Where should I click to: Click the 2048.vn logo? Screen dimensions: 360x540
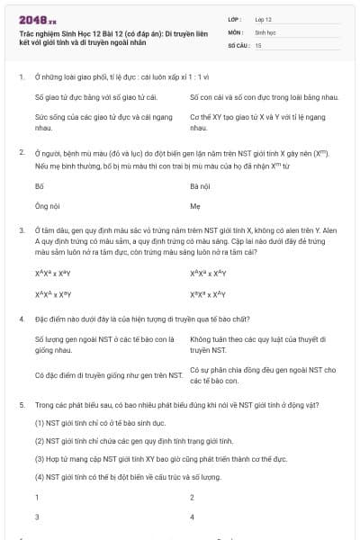coord(39,18)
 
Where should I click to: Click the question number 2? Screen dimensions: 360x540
coord(21,152)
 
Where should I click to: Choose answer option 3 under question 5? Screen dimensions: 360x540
coord(37,517)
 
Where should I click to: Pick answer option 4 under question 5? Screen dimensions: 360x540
coord(193,517)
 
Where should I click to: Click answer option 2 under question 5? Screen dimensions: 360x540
coord(193,497)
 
